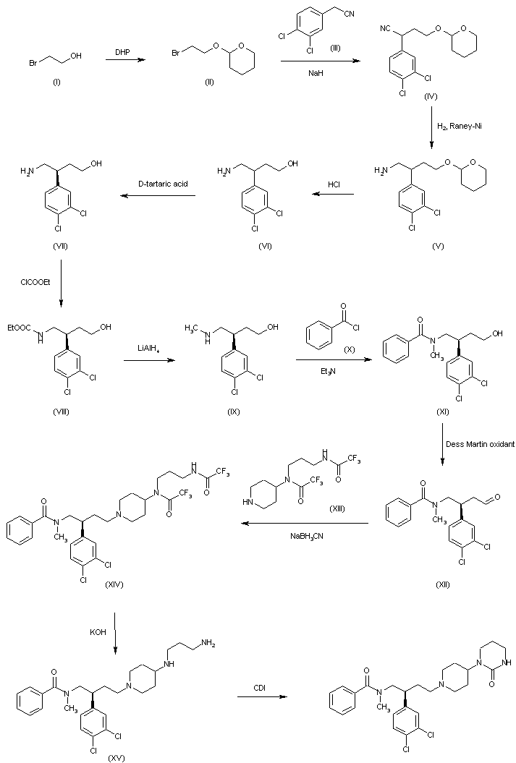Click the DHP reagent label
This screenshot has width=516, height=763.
[122, 51]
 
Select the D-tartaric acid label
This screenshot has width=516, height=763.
[163, 184]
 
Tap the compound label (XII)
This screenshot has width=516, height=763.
[439, 584]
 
